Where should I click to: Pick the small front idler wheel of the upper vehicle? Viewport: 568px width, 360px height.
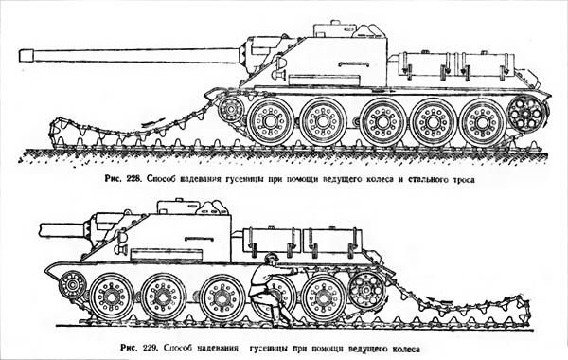230,111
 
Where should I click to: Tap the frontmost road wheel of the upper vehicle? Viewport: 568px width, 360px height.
271,122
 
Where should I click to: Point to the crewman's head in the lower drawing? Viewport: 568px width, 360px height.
272,260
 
